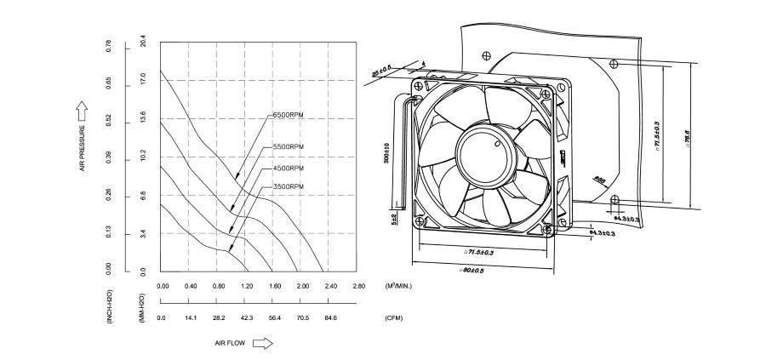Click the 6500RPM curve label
point(288,115)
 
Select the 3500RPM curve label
point(288,186)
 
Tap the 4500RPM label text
point(288,168)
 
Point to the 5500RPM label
point(288,147)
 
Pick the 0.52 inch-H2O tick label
point(108,121)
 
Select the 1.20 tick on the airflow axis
point(247,287)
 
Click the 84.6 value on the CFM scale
point(329,318)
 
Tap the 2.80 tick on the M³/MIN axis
point(358,287)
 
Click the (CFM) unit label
point(394,318)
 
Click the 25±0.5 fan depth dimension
point(382,70)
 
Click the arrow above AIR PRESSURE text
point(83,109)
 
